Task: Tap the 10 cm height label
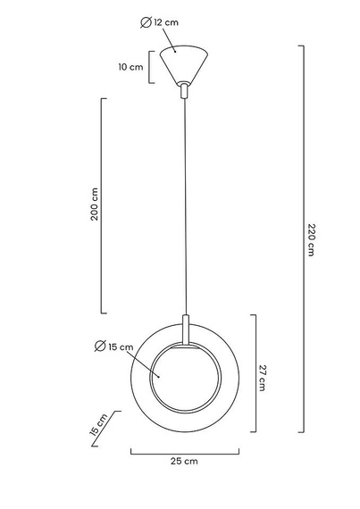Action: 130,67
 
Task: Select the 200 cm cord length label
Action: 94,204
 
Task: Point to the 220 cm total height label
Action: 311,240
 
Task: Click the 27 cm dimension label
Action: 263,378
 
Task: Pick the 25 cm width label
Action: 184,462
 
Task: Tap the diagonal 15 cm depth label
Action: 98,424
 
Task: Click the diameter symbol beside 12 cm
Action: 146,22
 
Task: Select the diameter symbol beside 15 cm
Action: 100,346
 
